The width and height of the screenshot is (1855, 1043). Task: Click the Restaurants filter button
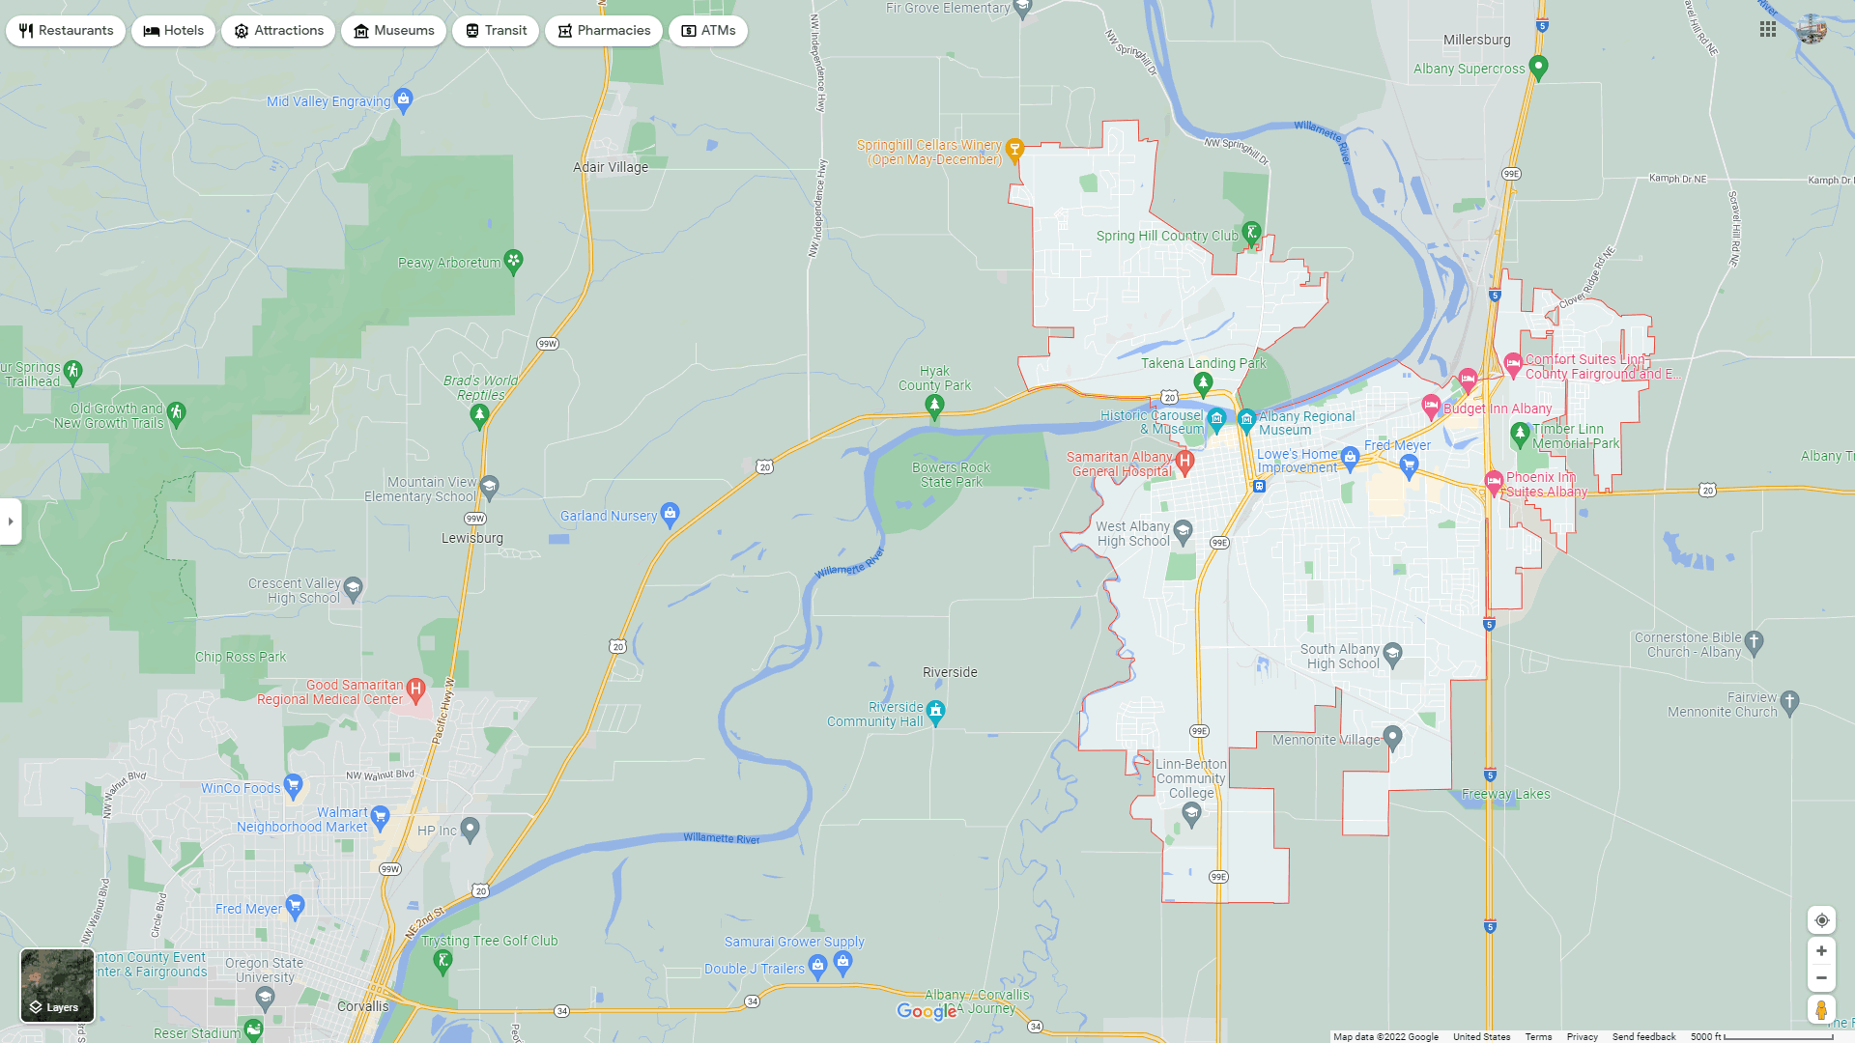(66, 31)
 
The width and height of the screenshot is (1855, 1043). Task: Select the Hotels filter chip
(174, 31)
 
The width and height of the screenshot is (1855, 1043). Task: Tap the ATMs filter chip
(708, 31)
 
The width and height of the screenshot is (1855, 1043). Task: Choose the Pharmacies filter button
(604, 31)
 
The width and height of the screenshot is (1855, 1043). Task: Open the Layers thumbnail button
(57, 985)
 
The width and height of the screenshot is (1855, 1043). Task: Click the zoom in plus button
(1821, 951)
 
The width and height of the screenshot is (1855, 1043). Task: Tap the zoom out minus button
(1821, 978)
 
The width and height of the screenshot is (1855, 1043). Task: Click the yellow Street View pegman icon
(1821, 1010)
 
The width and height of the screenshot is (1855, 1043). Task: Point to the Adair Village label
(611, 167)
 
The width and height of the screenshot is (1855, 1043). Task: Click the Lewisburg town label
(472, 538)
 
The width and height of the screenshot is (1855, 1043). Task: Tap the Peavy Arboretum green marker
(514, 261)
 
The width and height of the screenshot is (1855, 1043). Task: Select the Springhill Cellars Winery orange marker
(1014, 149)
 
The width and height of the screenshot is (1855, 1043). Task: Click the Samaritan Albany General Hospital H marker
(1184, 462)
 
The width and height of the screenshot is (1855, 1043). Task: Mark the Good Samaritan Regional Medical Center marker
(415, 690)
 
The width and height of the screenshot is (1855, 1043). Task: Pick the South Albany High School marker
(1392, 653)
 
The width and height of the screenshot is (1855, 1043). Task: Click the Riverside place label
(950, 672)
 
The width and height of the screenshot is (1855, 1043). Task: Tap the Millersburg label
(1476, 40)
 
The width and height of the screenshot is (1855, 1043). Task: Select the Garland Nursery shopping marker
(671, 512)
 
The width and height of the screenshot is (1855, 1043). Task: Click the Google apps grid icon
(1768, 30)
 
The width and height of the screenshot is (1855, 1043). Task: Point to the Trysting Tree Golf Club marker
(442, 960)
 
